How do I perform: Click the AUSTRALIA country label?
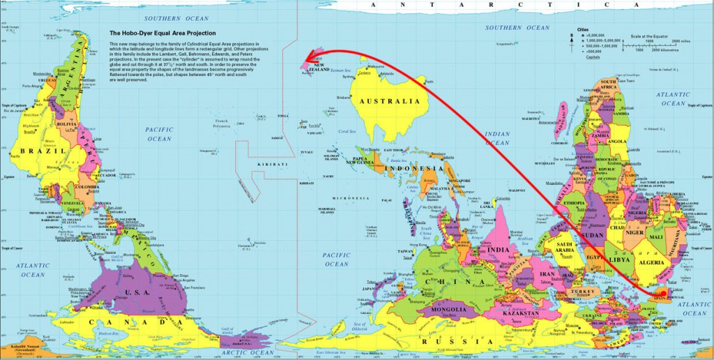click(x=389, y=102)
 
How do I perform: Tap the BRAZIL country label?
click(x=33, y=151)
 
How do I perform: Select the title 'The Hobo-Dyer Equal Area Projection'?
click(x=162, y=33)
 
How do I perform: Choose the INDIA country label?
click(x=499, y=250)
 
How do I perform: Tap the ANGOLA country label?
click(x=618, y=141)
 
